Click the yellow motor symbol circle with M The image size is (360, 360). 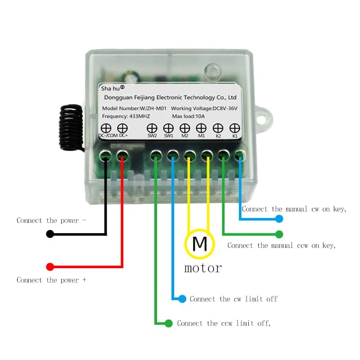(x=199, y=244)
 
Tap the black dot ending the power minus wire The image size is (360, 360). (x=50, y=234)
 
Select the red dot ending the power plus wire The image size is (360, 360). (x=50, y=267)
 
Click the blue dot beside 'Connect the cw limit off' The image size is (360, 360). (x=182, y=299)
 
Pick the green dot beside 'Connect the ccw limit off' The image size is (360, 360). (x=169, y=323)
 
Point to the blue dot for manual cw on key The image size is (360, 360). (x=279, y=219)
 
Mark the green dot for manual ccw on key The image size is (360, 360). (x=279, y=234)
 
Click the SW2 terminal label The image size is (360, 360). (x=152, y=135)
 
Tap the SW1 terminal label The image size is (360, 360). (x=168, y=135)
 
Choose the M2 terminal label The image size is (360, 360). (x=184, y=135)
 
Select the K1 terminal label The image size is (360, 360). (x=234, y=135)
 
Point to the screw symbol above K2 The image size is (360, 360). (x=218, y=128)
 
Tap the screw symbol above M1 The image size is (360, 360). (x=201, y=128)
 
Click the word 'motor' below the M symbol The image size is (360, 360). (x=203, y=268)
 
